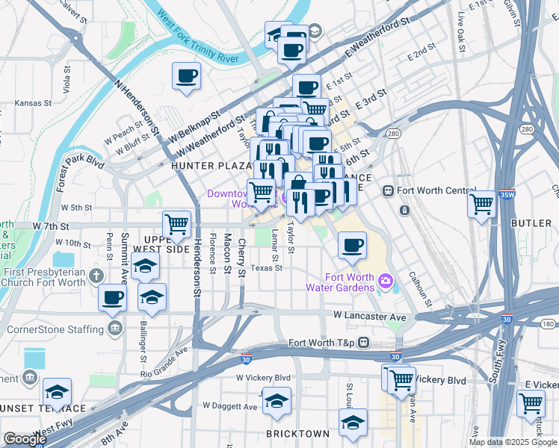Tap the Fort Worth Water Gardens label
[340, 282]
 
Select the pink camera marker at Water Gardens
[386, 281]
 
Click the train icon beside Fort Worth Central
[388, 190]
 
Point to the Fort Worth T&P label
[323, 343]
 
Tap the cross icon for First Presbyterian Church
[96, 276]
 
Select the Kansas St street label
[33, 102]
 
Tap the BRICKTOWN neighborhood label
[297, 434]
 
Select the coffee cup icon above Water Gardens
[352, 244]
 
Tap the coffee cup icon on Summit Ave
[113, 297]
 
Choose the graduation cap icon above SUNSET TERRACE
[56, 391]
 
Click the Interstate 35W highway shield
[507, 196]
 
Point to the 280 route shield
[392, 134]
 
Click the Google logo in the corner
[25, 439]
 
